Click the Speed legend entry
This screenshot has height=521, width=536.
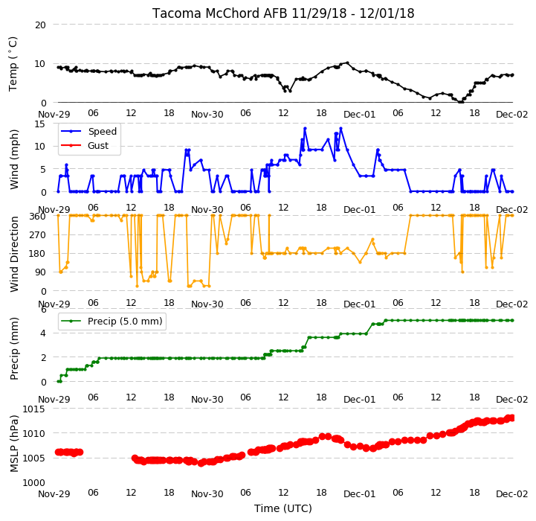pyautogui.click(x=88, y=132)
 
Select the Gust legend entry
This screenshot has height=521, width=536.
pyautogui.click(x=85, y=146)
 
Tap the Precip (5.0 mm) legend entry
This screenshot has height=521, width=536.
pyautogui.click(x=111, y=322)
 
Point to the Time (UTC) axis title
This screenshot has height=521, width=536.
pyautogui.click(x=283, y=508)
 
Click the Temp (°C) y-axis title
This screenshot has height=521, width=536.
pyautogui.click(x=13, y=64)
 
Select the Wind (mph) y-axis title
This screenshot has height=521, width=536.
pyautogui.click(x=14, y=159)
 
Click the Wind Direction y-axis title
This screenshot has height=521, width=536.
pyautogui.click(x=14, y=254)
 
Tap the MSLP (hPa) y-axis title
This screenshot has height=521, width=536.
pyautogui.click(x=14, y=444)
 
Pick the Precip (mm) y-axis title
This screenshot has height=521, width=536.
pyautogui.click(x=14, y=348)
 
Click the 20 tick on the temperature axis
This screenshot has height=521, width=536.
pyautogui.click(x=40, y=25)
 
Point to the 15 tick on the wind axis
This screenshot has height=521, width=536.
pyautogui.click(x=40, y=124)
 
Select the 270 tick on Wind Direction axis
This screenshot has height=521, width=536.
pyautogui.click(x=38, y=235)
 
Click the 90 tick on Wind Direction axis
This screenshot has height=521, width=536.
pyautogui.click(x=40, y=272)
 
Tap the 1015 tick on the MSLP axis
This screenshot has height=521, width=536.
pyautogui.click(x=34, y=409)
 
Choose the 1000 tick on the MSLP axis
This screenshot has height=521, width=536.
pyautogui.click(x=34, y=483)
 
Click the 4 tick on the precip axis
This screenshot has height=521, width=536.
pyautogui.click(x=43, y=333)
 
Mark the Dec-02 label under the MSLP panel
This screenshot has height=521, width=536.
pyautogui.click(x=511, y=494)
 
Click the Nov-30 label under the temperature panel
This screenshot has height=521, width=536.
pyautogui.click(x=207, y=115)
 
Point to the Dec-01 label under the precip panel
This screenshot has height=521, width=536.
pyautogui.click(x=359, y=400)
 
